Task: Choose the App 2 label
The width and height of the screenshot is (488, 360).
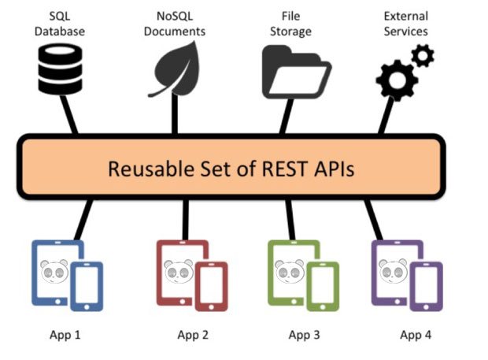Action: pos(192,335)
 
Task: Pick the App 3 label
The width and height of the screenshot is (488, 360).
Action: pos(304,335)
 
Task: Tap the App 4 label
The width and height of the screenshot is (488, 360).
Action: pos(416,335)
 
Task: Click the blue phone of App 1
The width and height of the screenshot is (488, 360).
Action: pos(87,286)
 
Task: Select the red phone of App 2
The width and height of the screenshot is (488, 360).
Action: pos(211,286)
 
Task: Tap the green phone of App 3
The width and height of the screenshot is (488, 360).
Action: pos(322,286)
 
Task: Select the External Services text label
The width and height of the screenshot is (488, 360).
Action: pos(405,24)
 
